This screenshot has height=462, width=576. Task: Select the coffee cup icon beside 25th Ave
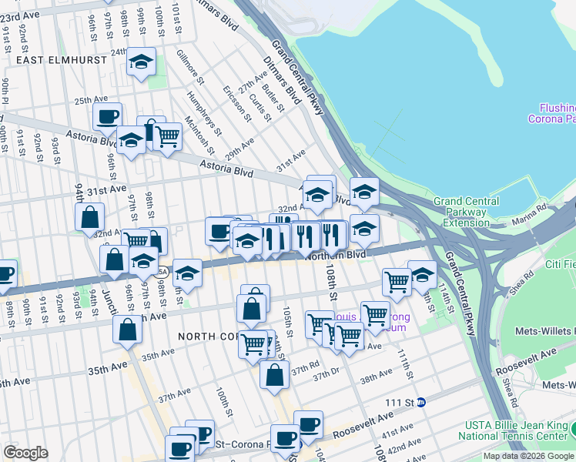(x=108, y=117)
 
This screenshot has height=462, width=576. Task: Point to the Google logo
(x=25, y=453)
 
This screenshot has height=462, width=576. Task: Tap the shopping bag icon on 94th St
(x=90, y=216)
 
